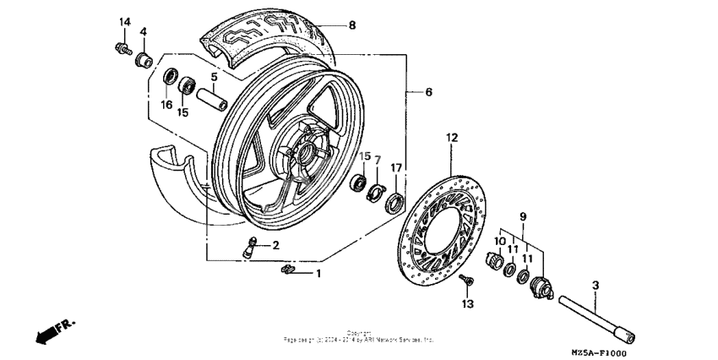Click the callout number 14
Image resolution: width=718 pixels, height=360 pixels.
tap(125, 21)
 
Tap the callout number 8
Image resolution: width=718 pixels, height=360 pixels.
tap(351, 25)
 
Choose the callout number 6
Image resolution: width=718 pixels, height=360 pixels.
tap(428, 91)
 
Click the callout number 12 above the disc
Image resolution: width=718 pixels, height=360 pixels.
tap(451, 136)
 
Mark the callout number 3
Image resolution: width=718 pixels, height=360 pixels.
tap(596, 287)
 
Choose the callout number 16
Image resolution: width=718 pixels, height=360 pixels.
tap(166, 106)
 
